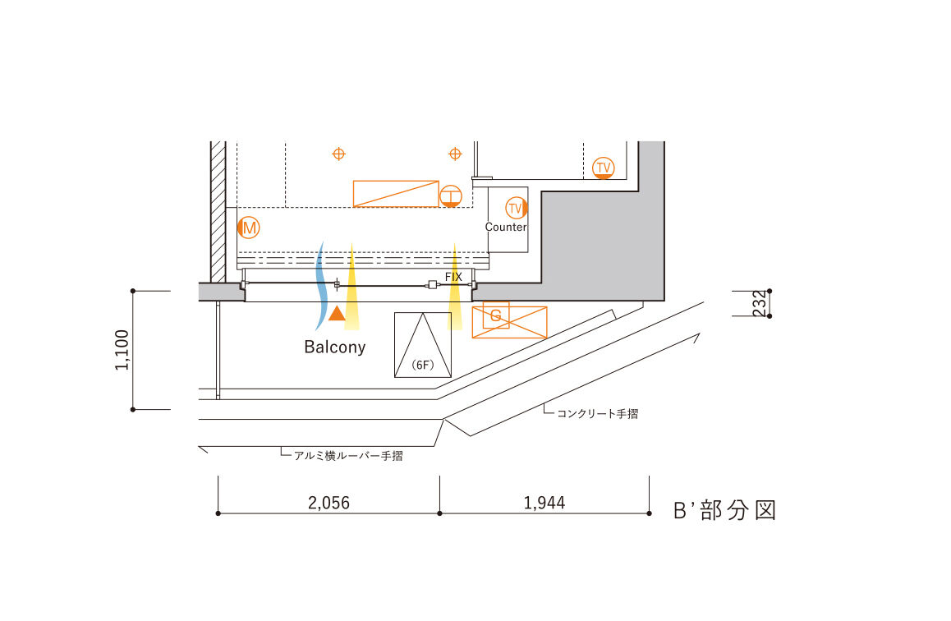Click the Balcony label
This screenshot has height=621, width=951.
(335, 347)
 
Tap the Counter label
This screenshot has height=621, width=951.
(506, 227)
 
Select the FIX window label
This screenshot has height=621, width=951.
(453, 277)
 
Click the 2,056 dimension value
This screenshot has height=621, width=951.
(328, 503)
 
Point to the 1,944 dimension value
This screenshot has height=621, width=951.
(544, 503)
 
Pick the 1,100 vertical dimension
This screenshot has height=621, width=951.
(122, 350)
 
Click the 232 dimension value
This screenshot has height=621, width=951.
(760, 303)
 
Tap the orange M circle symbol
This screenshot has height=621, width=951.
(249, 228)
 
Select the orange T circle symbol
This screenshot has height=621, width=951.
(451, 196)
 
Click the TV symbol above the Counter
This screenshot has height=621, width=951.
(516, 208)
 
